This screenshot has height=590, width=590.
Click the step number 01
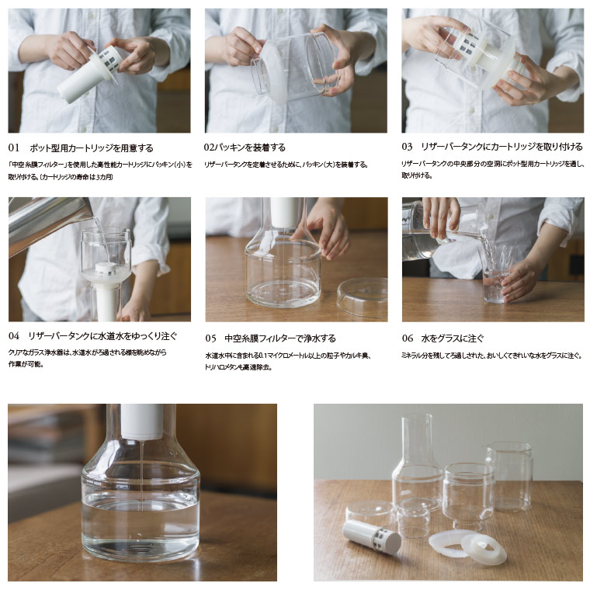pyautogui.click(x=14, y=147)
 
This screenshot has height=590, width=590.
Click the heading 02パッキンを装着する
pyautogui.click(x=245, y=147)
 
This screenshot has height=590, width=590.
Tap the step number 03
pyautogui.click(x=408, y=147)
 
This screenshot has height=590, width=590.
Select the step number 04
pyautogui.click(x=14, y=336)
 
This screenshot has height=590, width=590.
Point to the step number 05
pyautogui.click(x=211, y=338)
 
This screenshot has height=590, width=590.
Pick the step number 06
pyautogui.click(x=408, y=338)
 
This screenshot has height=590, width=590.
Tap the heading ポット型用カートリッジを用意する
pyautogui.click(x=91, y=147)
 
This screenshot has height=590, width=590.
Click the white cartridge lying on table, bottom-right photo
pyautogui.click(x=371, y=536)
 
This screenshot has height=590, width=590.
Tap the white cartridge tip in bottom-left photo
pyautogui.click(x=142, y=420)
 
